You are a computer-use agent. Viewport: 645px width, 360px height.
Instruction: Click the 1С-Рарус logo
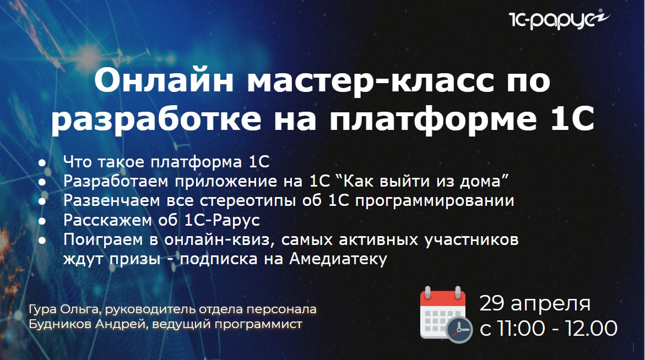click(559, 19)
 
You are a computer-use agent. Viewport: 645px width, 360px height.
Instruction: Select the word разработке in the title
click(156, 120)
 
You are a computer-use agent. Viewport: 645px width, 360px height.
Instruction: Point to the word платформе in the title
click(433, 120)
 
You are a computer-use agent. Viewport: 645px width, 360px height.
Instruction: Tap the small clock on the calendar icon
click(459, 330)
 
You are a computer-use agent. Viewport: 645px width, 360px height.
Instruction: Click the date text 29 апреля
click(535, 304)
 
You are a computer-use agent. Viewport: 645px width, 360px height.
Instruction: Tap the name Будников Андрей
click(88, 324)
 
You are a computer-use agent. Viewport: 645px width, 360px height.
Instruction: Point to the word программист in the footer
click(258, 325)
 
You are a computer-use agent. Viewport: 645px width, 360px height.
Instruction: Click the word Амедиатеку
click(338, 259)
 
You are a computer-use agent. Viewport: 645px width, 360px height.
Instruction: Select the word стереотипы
click(248, 200)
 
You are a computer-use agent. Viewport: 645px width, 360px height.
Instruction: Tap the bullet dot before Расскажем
click(42, 221)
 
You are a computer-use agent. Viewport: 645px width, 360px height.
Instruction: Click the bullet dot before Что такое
click(42, 162)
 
